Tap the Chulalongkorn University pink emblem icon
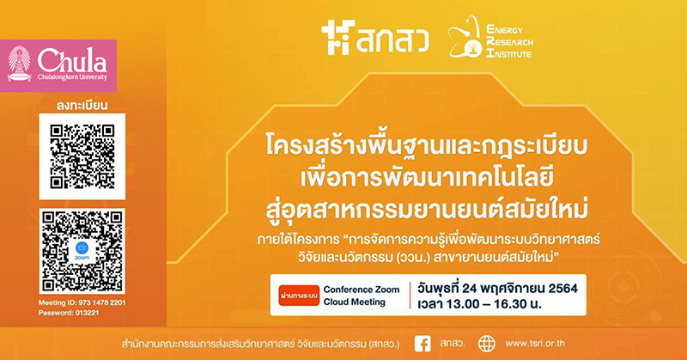tap(19, 64)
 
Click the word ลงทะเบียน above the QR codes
tap(82, 106)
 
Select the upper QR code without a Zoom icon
tap(82, 156)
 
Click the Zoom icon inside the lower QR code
tap(82, 250)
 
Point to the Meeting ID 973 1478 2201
tap(82, 303)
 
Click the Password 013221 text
tap(69, 313)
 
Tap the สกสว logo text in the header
tap(392, 40)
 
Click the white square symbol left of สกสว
tap(337, 38)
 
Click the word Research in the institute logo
tap(509, 42)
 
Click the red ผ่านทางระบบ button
tap(299, 296)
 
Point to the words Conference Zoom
tap(362, 290)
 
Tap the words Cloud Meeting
tap(355, 302)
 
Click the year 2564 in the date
tap(563, 289)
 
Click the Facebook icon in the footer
tap(423, 344)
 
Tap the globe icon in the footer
tap(486, 344)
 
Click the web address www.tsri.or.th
tap(534, 344)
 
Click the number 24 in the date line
tap(469, 289)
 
